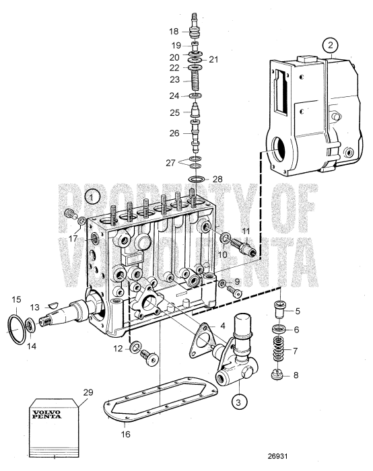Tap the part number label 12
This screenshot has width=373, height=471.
point(118,348)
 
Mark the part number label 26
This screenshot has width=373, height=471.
point(174,133)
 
